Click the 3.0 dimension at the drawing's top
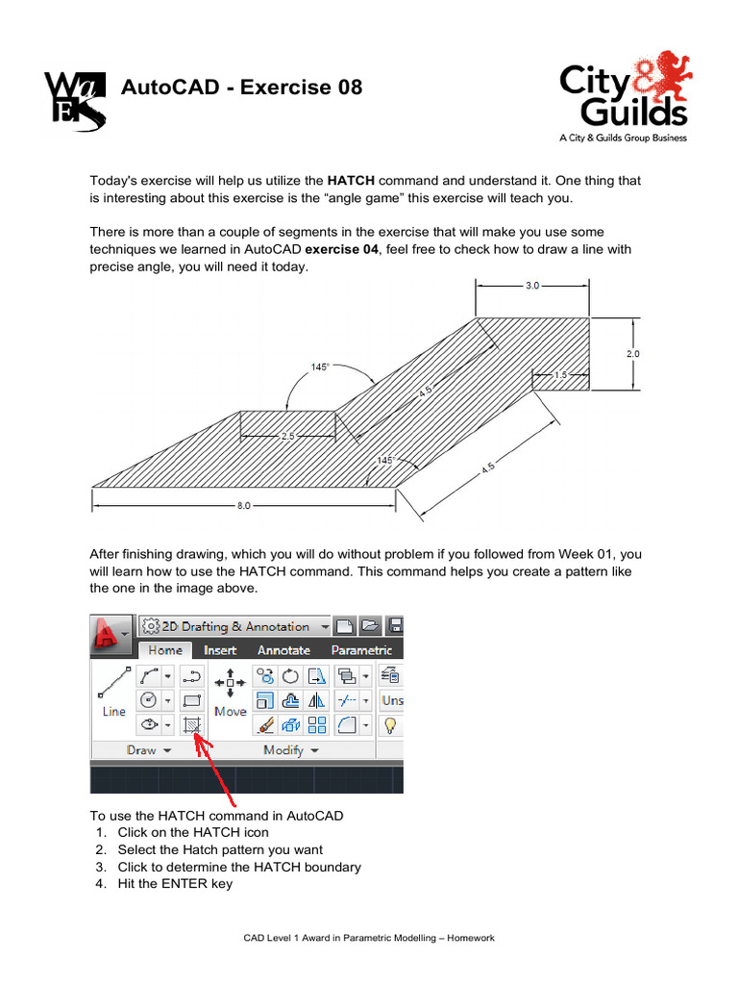(x=532, y=286)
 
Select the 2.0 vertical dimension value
(x=633, y=354)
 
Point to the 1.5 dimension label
(x=559, y=376)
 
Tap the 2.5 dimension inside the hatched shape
(x=286, y=436)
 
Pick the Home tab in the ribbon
(x=164, y=650)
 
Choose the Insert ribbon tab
(x=220, y=650)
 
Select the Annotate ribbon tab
(x=283, y=650)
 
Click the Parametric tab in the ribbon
(x=361, y=650)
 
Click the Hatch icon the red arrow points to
(x=193, y=724)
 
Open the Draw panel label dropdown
(x=148, y=750)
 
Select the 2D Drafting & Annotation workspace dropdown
(x=234, y=626)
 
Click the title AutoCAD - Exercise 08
(x=241, y=88)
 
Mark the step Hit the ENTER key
(x=175, y=884)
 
